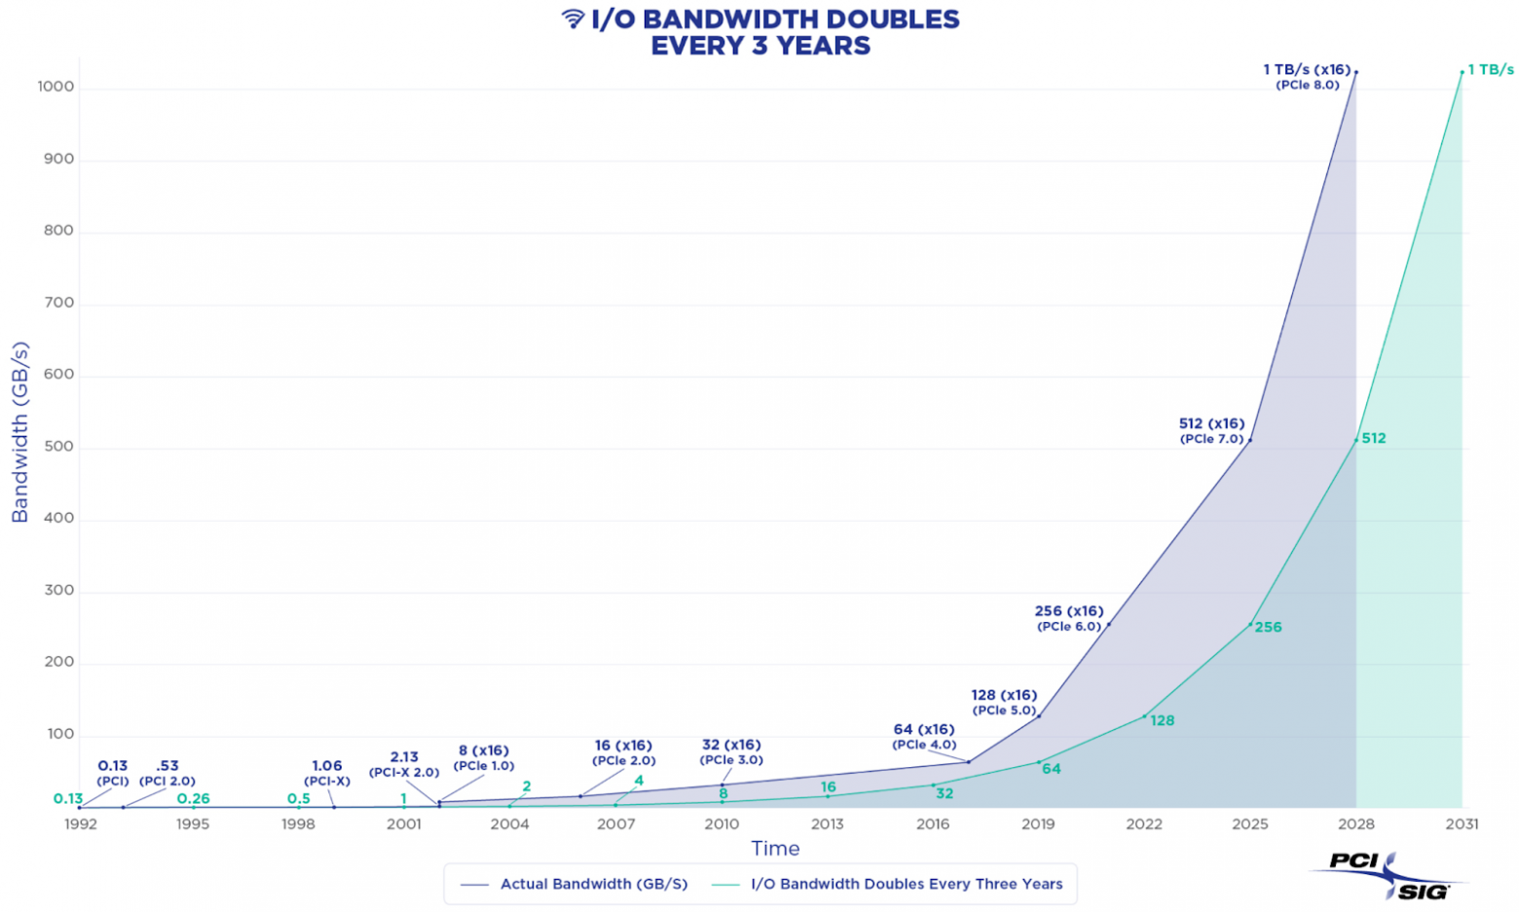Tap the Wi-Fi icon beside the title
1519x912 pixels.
573,18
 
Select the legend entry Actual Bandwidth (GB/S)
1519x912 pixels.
593,884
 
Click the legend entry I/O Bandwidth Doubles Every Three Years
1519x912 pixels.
906,884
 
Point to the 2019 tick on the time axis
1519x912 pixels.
1038,823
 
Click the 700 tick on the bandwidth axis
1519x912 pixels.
58,303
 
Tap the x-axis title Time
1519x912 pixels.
775,848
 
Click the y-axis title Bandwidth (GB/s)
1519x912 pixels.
20,431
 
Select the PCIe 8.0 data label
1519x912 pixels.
1307,77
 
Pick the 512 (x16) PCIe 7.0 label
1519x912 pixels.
1211,431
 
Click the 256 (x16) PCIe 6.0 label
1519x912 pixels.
1069,618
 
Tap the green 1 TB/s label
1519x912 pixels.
1491,69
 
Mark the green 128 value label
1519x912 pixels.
1162,720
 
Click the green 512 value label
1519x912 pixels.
1373,438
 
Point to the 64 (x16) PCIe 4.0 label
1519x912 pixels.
924,737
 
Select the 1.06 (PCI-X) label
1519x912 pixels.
327,773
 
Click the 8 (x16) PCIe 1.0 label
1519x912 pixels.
484,757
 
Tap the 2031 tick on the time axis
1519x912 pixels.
1462,823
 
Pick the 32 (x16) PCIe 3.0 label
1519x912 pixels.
731,752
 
